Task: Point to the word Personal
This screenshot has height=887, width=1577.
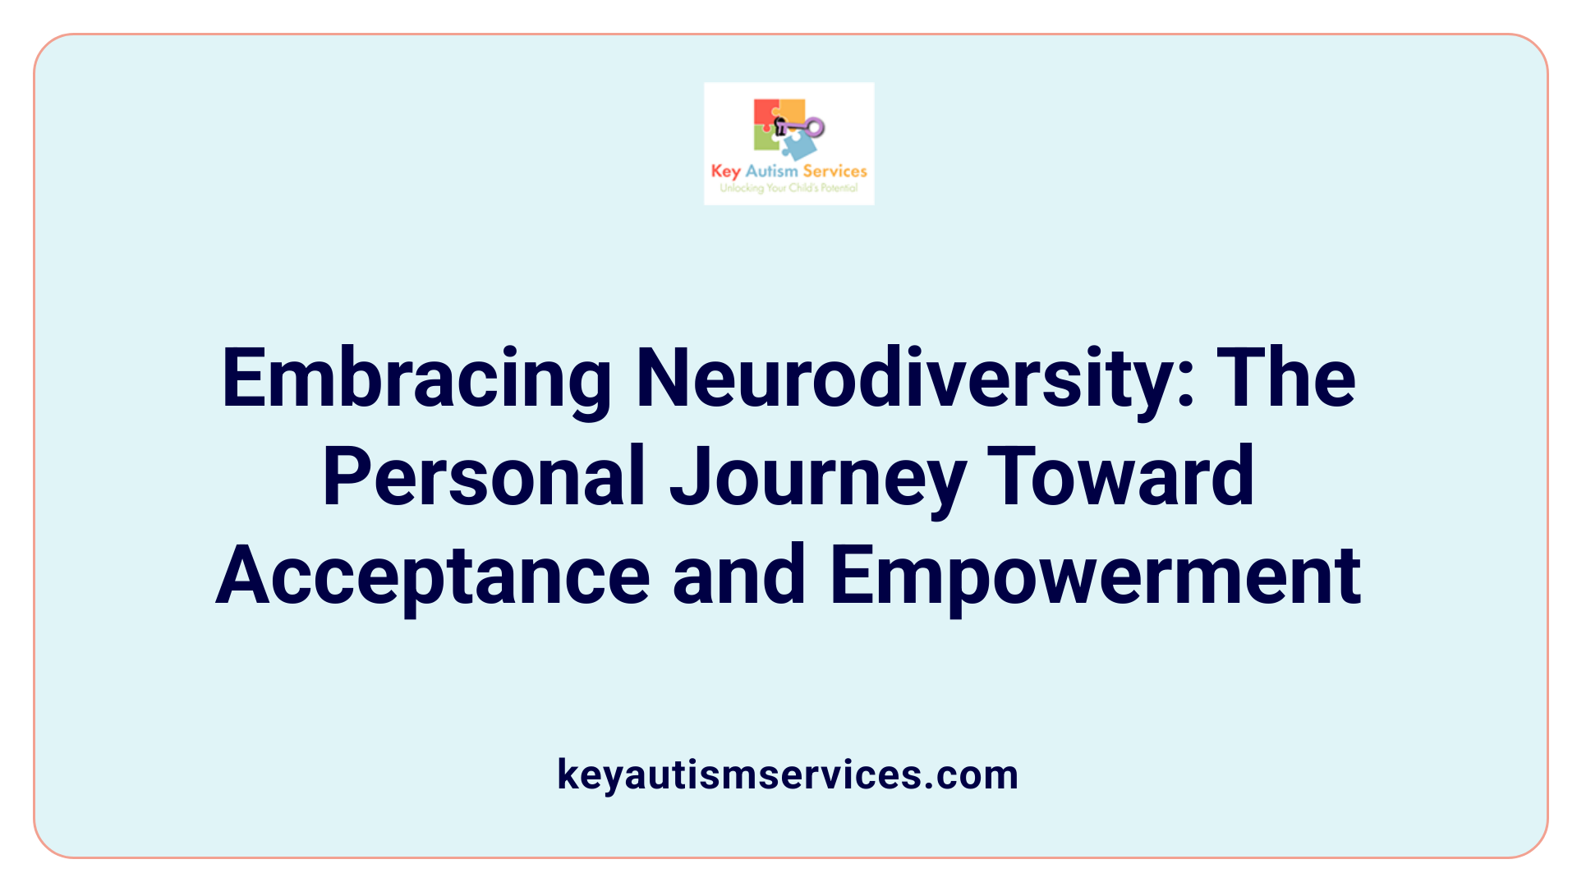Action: tap(484, 477)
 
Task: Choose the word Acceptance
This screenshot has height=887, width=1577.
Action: tap(433, 577)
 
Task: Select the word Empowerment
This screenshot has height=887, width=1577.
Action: tap(1096, 577)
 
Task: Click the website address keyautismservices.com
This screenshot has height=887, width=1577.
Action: tap(788, 774)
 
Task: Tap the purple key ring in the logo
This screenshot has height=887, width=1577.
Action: tap(814, 127)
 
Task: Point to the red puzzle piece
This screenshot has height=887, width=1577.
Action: tap(765, 113)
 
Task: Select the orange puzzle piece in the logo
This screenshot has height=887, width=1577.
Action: tap(792, 110)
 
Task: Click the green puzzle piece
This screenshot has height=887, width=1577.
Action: tap(765, 140)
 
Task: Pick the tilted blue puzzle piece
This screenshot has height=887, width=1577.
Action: tap(798, 146)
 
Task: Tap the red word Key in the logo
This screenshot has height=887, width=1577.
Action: tap(725, 172)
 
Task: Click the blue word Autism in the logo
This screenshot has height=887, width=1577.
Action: tap(771, 171)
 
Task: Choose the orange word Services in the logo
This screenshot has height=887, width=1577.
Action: tap(834, 171)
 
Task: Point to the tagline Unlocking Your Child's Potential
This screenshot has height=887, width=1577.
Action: tap(788, 188)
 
